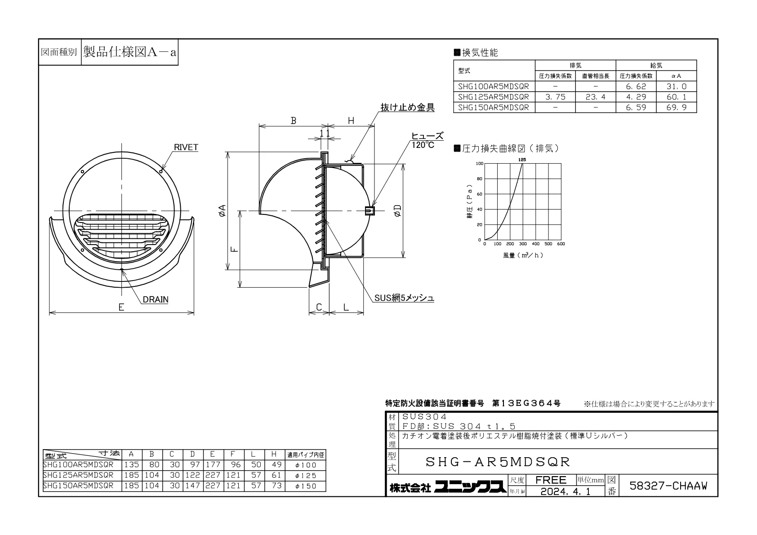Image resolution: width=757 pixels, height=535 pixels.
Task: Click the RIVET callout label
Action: [186, 147]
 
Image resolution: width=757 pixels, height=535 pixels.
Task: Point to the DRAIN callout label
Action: [156, 299]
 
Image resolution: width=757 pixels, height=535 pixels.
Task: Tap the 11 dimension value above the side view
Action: [325, 134]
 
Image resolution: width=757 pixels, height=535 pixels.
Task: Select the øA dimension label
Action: [223, 210]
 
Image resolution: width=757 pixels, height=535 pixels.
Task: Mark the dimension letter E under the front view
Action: [121, 307]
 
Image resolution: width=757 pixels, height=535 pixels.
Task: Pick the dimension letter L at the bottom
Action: [346, 307]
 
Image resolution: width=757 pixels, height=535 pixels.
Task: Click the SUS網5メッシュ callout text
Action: [404, 298]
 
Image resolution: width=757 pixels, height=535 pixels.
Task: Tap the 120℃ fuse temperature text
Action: [423, 145]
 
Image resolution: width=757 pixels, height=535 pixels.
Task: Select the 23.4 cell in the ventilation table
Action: [596, 97]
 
